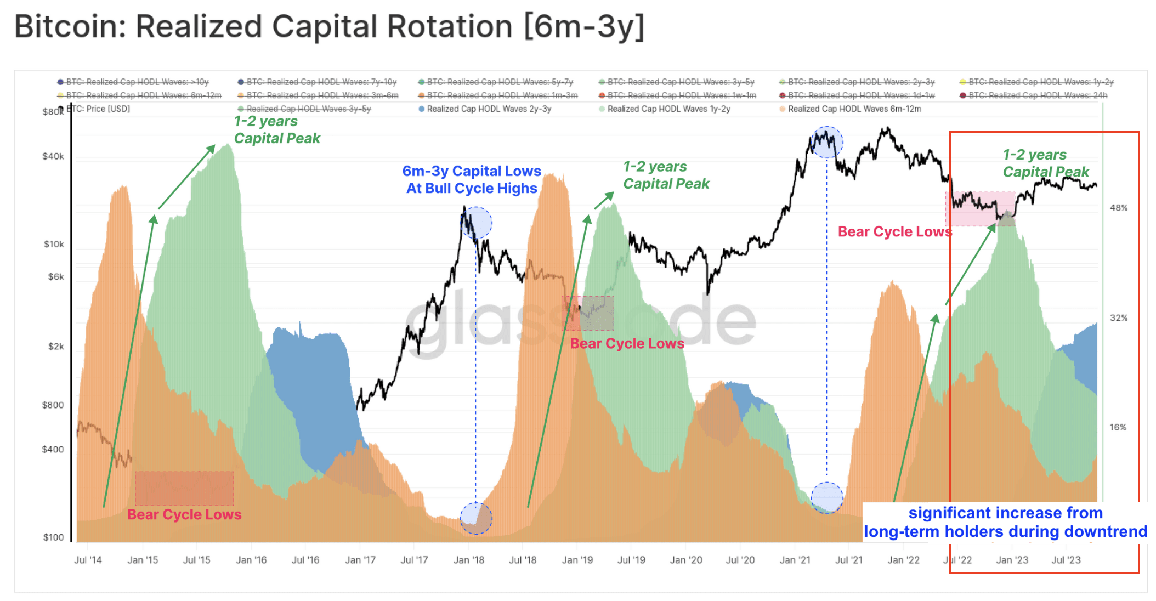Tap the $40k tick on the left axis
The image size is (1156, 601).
(53, 156)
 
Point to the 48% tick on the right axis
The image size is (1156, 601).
(1118, 208)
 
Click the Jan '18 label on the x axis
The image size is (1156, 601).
(469, 560)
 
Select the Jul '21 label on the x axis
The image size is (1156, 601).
(848, 560)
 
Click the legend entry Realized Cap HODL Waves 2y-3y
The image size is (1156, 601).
(489, 109)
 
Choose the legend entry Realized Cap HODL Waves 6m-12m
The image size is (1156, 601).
(854, 109)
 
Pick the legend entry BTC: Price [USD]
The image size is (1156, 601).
(99, 109)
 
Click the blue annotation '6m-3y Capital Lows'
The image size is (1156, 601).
(472, 171)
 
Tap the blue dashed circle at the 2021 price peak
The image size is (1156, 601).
(826, 142)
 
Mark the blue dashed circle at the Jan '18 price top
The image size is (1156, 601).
(476, 222)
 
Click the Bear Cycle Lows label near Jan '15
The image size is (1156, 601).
(184, 514)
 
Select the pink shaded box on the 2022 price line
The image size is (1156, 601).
(980, 209)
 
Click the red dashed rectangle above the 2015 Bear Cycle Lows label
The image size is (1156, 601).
(184, 488)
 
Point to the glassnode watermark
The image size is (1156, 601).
(580, 324)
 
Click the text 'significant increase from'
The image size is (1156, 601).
(1005, 513)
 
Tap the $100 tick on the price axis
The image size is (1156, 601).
(53, 537)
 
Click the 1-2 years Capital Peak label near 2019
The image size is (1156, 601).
(666, 175)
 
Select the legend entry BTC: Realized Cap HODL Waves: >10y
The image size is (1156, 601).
(137, 82)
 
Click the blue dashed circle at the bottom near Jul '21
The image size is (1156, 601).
(826, 498)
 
